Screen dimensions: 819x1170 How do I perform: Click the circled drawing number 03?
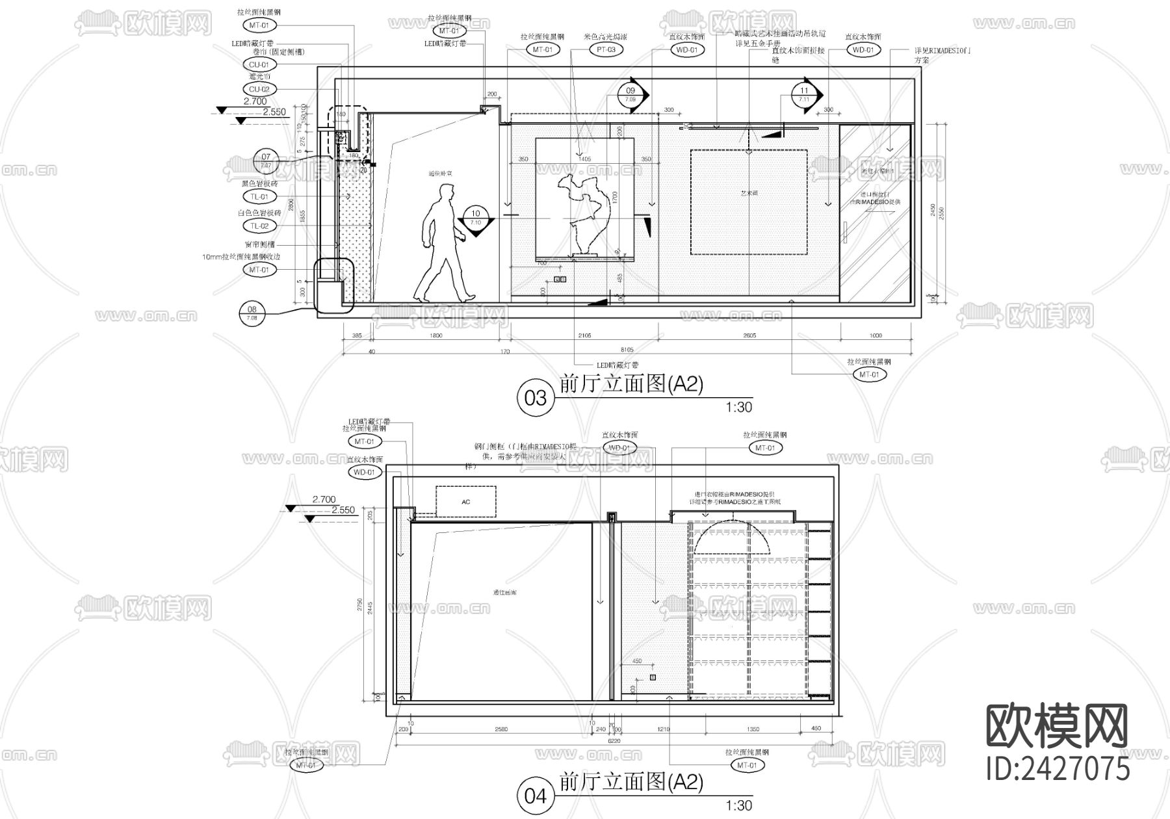[x=535, y=397]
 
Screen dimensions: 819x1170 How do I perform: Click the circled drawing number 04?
[x=535, y=796]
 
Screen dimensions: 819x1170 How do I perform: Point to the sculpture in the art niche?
[x=584, y=214]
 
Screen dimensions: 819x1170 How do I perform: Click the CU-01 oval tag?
[x=259, y=64]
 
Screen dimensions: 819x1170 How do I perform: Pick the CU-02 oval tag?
[x=259, y=89]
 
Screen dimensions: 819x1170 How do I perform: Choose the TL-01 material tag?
[x=259, y=196]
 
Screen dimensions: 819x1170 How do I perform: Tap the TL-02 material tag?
[x=259, y=226]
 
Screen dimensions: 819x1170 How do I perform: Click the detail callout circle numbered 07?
[x=266, y=161]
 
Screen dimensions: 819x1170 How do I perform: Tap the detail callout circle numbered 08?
[x=252, y=314]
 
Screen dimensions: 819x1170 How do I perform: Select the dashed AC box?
[x=465, y=502]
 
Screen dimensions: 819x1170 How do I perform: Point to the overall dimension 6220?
[x=614, y=740]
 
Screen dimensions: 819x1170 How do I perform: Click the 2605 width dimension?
[x=749, y=336]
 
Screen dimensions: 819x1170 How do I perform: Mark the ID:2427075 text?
[x=1058, y=768]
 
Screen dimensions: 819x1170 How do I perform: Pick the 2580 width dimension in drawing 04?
[x=501, y=729]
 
